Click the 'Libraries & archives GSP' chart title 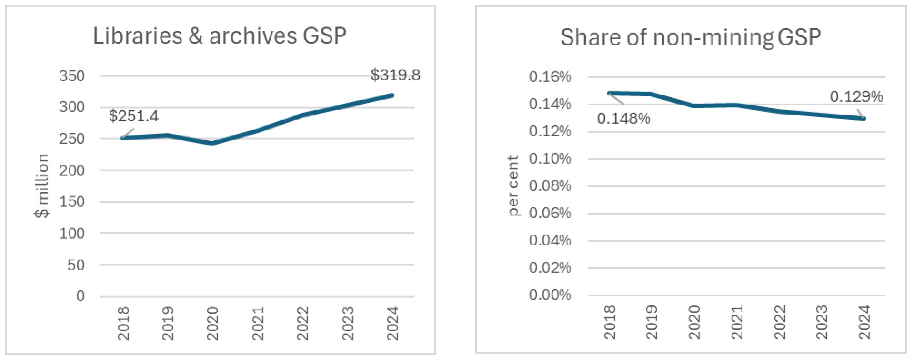pos(220,36)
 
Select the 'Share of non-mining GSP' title pos(690,37)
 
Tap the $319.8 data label pos(395,75)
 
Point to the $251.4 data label pos(134,116)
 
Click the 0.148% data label pos(623,119)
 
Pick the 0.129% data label pos(856,96)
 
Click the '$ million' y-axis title pos(42,185)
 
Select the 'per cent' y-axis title pos(513,185)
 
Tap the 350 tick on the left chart pos(72,76)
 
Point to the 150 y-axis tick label pos(72,201)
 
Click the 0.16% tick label pos(549,76)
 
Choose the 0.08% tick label pos(549,185)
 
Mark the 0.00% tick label pos(549,295)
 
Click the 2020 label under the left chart pos(213,323)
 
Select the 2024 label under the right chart pos(864,322)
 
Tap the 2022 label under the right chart pos(779,322)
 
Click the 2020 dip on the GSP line pos(212,143)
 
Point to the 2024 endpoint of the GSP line pos(392,95)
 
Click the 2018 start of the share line pos(609,93)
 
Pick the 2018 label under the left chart pos(123,323)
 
